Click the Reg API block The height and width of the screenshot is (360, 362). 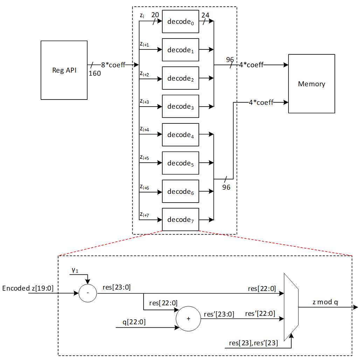point(64,70)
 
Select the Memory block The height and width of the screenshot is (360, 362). point(311,84)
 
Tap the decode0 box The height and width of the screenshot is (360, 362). point(180,21)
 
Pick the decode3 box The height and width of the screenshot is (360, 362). point(180,107)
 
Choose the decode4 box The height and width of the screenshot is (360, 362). point(180,135)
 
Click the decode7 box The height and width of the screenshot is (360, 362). point(180,220)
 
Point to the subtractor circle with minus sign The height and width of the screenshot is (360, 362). point(87,293)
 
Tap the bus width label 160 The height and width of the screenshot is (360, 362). point(95,74)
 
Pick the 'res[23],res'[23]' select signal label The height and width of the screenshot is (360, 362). point(253,343)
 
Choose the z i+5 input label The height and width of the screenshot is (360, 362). point(144,158)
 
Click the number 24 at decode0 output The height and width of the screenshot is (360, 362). point(205,15)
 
